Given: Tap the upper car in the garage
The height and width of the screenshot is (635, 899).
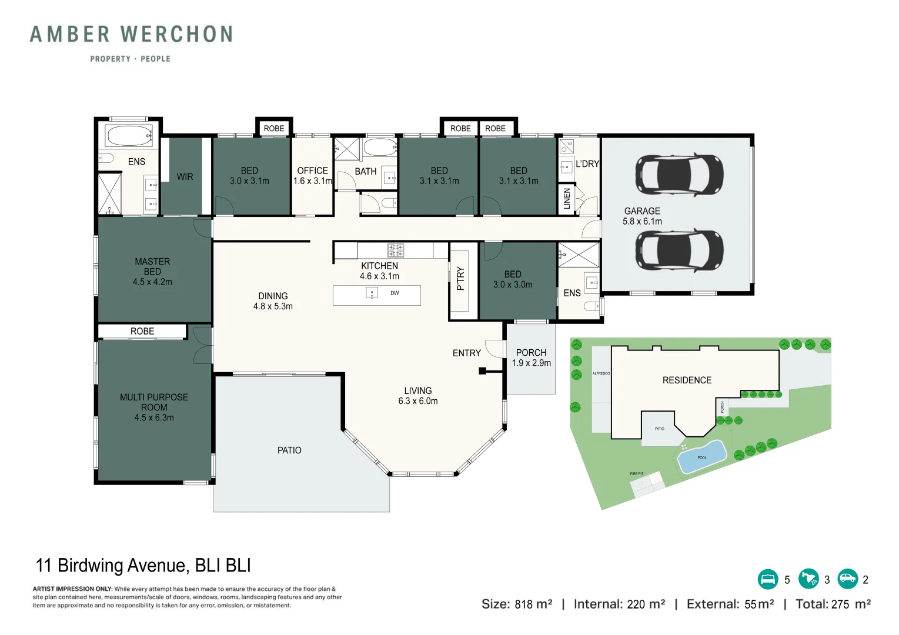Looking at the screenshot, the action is coord(679,175).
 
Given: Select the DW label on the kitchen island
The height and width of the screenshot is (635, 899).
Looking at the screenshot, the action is coord(395,293).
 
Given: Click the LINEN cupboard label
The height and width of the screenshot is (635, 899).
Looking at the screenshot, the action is coord(567,199).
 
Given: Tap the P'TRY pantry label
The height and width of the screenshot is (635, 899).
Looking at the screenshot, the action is coord(460,278).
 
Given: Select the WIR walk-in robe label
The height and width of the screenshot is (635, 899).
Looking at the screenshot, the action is coord(185,176).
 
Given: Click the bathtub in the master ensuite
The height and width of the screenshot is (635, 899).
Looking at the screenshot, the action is coord(129,136).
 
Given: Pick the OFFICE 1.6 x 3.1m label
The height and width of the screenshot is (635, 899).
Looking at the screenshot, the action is coord(312,176).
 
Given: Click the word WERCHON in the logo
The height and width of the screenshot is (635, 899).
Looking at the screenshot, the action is coord(176,35).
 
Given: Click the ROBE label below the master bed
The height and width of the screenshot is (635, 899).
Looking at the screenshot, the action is coord(142,331).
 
